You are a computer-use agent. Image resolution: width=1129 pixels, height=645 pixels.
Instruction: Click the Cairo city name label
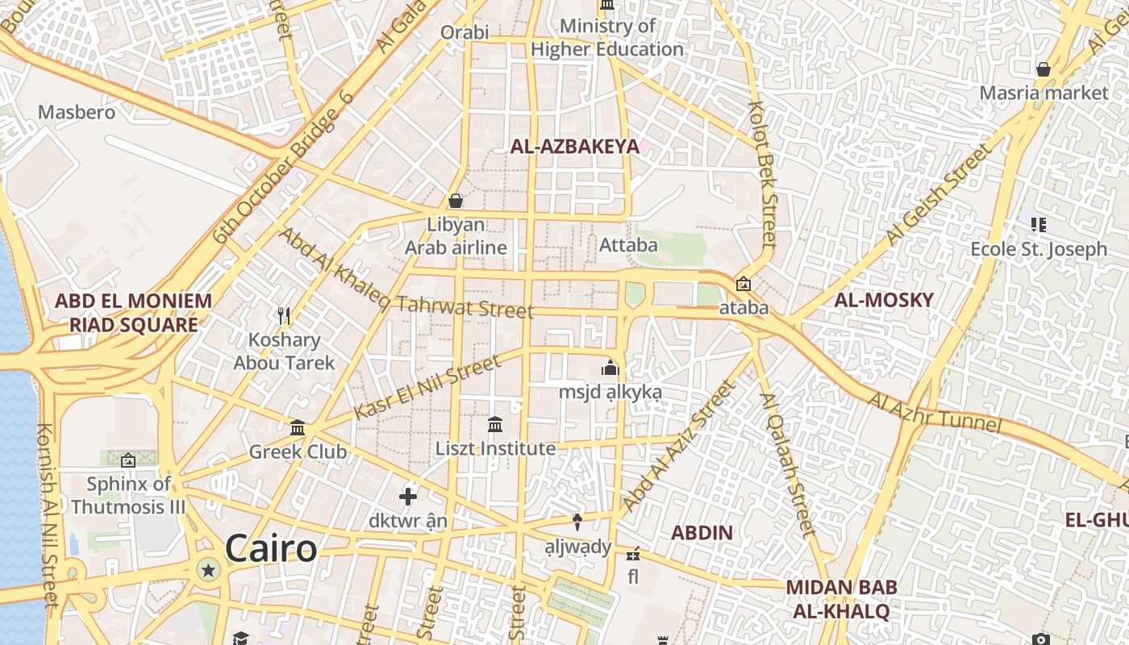pyautogui.click(x=271, y=549)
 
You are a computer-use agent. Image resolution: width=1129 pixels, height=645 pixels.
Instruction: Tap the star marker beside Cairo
pyautogui.click(x=209, y=571)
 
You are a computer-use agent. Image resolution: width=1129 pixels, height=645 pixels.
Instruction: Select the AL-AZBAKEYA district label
pyautogui.click(x=574, y=146)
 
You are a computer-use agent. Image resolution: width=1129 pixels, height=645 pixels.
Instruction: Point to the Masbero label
pyautogui.click(x=77, y=112)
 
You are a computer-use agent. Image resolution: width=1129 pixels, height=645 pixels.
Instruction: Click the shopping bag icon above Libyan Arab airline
pyautogui.click(x=456, y=200)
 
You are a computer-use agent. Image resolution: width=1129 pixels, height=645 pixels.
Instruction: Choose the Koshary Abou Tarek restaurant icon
pyautogui.click(x=284, y=316)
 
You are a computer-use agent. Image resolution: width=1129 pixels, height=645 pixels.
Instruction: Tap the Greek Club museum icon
pyautogui.click(x=298, y=427)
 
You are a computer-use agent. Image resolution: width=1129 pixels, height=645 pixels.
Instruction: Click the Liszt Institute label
pyautogui.click(x=495, y=448)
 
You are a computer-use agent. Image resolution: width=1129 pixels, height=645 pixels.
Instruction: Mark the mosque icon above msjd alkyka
pyautogui.click(x=610, y=368)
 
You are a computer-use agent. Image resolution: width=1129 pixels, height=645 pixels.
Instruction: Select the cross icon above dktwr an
pyautogui.click(x=408, y=496)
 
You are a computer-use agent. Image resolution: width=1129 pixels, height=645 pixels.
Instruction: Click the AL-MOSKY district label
pyautogui.click(x=883, y=300)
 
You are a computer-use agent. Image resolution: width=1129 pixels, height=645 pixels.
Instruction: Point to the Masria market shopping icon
pyautogui.click(x=1044, y=69)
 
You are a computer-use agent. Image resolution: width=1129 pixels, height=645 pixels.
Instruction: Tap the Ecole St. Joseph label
pyautogui.click(x=1039, y=249)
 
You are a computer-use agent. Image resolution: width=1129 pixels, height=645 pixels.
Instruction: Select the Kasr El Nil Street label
pyautogui.click(x=427, y=386)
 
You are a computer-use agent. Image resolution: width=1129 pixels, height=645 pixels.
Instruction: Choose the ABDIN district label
pyautogui.click(x=702, y=532)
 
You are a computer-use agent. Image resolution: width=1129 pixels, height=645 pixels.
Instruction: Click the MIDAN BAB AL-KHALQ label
pyautogui.click(x=841, y=599)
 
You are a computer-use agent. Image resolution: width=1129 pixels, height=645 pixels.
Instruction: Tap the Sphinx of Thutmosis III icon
pyautogui.click(x=128, y=460)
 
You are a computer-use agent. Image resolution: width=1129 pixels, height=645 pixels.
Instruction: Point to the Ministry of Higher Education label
pyautogui.click(x=607, y=38)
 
